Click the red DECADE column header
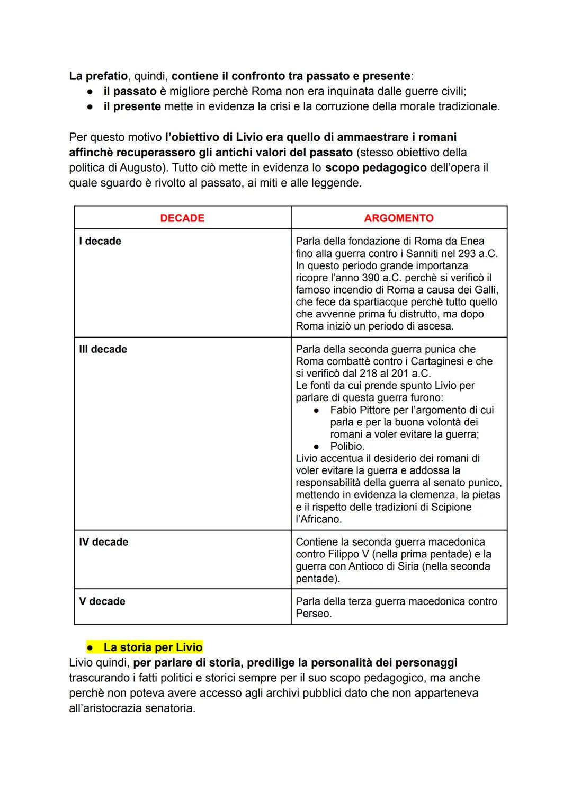(182, 218)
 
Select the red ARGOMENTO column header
(398, 218)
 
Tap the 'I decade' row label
(100, 241)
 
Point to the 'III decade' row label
(103, 349)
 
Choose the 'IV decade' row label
(103, 542)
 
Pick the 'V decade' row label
(102, 601)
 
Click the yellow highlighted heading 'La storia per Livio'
(153, 647)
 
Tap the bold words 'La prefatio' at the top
(98, 76)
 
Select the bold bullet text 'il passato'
(130, 91)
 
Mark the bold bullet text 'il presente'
(132, 106)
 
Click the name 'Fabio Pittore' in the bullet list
(360, 410)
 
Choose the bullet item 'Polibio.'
(347, 446)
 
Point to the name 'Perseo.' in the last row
(314, 614)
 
